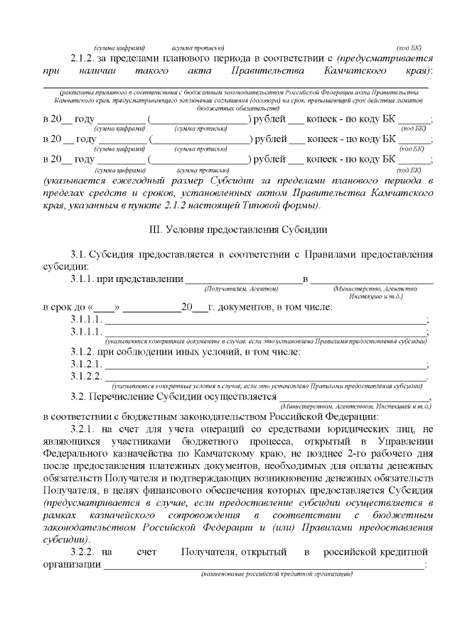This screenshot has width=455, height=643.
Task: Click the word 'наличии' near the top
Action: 96,72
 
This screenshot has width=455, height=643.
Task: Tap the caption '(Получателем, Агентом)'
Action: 241,288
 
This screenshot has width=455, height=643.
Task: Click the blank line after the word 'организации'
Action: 263,566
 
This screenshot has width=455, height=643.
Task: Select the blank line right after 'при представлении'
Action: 242,281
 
